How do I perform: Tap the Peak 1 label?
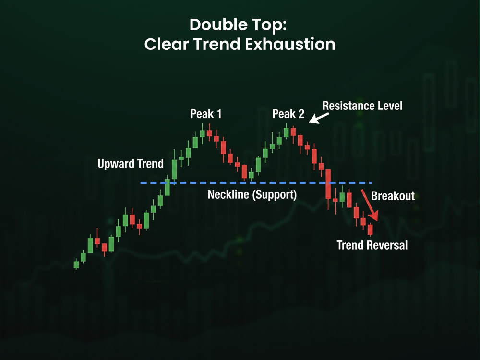(x=206, y=114)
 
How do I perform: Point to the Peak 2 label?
(x=288, y=114)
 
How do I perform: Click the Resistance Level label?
(x=362, y=106)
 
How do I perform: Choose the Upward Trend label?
(x=131, y=164)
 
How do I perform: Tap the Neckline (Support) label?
(x=252, y=195)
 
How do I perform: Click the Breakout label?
(x=393, y=196)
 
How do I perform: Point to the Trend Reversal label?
(x=372, y=245)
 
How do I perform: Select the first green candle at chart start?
(x=76, y=264)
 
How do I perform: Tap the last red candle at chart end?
(x=370, y=229)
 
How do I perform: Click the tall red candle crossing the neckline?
(x=328, y=184)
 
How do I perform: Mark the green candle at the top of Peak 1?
(x=202, y=133)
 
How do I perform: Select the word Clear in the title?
(x=162, y=44)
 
